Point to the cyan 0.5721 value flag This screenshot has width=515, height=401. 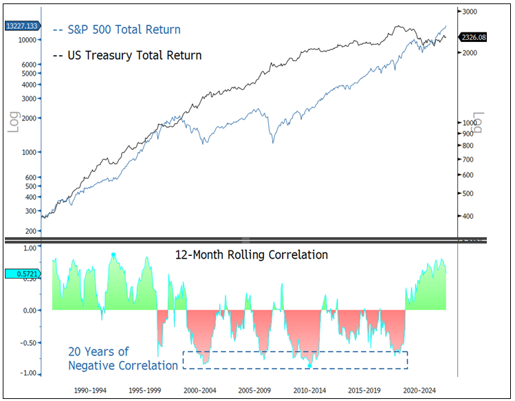pyautogui.click(x=22, y=274)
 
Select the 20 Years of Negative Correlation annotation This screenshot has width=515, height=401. pyautogui.click(x=122, y=358)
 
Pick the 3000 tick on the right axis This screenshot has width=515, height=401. pyautogui.click(x=470, y=12)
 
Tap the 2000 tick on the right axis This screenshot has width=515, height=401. pyautogui.click(x=470, y=53)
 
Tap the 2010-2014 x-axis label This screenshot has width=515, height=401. pyautogui.click(x=306, y=389)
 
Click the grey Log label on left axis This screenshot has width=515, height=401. pyautogui.click(x=13, y=120)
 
